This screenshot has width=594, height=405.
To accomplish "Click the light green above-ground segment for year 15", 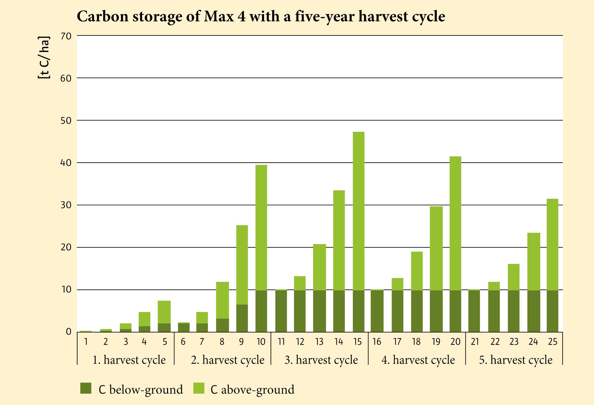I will point(358,211).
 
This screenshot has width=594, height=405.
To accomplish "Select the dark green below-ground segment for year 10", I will point(261,311).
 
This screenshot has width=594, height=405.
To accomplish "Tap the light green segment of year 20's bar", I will point(455,223).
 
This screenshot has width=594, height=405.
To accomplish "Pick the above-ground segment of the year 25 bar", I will point(552,244).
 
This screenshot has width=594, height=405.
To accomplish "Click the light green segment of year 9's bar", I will point(242,265).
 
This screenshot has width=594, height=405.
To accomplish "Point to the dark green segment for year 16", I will point(377,311).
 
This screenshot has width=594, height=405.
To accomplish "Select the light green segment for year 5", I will point(164,312).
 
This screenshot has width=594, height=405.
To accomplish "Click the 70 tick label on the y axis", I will point(66,36).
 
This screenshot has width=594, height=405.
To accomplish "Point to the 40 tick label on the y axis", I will point(66,163).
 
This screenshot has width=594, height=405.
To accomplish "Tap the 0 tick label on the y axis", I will point(69,332).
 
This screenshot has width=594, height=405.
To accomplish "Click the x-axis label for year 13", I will point(319,342).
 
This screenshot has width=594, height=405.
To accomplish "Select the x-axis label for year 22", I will point(495,342).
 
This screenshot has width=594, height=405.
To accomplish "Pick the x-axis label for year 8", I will point(222,342).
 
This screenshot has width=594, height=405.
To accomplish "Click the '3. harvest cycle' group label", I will point(321,360).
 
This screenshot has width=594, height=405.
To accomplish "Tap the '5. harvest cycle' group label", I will point(516,360).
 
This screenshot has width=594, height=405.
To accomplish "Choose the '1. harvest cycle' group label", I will point(129,360).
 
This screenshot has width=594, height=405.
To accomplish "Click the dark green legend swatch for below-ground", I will point(86,388).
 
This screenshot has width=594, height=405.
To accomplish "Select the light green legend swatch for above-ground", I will point(198,388).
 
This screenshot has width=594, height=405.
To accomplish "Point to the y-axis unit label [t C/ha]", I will point(44,57).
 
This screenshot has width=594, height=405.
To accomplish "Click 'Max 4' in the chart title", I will point(225,16).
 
